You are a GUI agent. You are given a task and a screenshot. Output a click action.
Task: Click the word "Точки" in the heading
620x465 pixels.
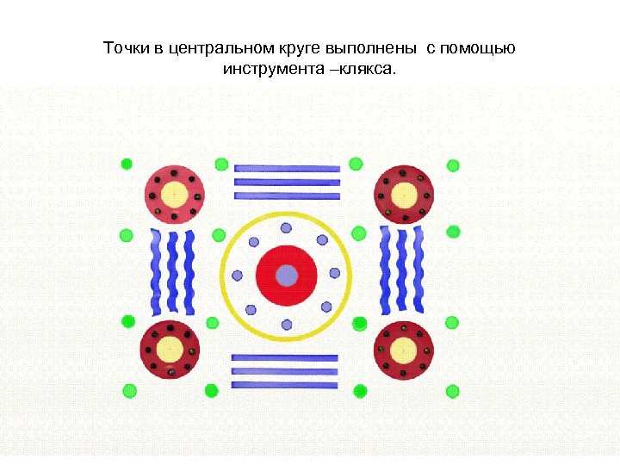[x=127, y=48]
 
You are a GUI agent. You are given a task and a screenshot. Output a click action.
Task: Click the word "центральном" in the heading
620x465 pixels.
[x=214, y=48]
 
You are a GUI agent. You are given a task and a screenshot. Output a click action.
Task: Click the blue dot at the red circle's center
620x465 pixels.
[x=287, y=276]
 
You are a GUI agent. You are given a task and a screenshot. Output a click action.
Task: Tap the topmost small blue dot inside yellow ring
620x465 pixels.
[x=287, y=228]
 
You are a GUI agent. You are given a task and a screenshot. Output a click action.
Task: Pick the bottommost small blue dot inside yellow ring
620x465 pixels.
[x=287, y=325]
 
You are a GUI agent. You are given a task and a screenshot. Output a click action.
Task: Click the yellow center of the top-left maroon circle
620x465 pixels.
[x=174, y=194]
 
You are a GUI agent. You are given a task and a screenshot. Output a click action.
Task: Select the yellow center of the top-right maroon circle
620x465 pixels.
[x=404, y=194]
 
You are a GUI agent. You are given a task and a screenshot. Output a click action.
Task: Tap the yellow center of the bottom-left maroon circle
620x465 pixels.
[x=170, y=350]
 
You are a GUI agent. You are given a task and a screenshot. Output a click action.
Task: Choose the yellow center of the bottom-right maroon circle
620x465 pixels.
[x=404, y=350]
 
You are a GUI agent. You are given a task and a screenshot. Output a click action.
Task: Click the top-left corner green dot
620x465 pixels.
[x=127, y=163]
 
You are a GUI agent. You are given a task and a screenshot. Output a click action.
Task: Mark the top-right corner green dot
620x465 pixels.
[x=453, y=165]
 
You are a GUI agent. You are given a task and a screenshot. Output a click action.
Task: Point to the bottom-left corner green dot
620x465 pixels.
[x=129, y=390]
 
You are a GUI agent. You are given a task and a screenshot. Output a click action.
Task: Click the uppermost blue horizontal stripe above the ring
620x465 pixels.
[x=288, y=169]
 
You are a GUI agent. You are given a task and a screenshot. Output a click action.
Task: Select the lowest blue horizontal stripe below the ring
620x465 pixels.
[x=285, y=385]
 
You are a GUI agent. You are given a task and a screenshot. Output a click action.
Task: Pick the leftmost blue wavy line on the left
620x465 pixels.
[x=156, y=272]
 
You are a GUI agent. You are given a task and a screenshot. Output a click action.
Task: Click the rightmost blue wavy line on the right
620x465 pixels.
[x=419, y=270]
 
